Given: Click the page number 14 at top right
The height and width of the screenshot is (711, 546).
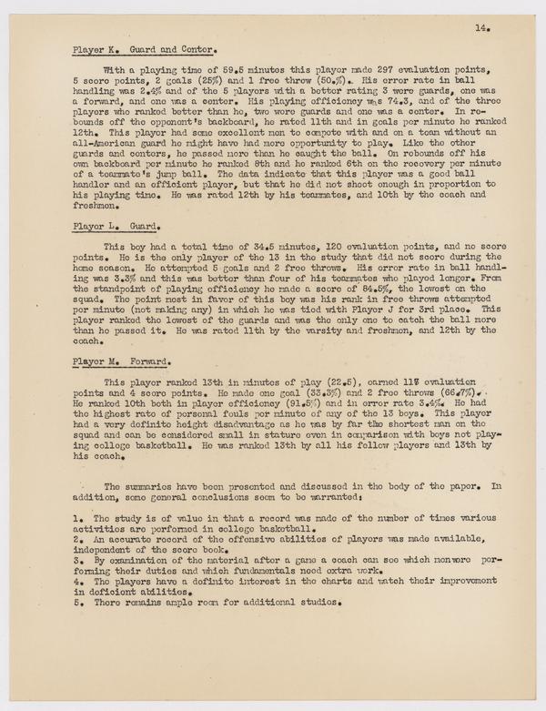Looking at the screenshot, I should click(480, 28).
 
